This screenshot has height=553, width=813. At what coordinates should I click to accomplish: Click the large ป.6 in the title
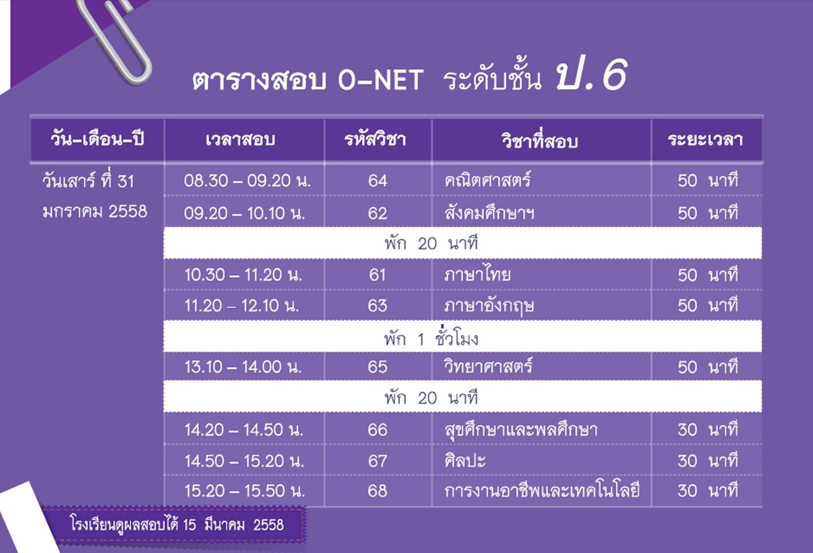(591, 75)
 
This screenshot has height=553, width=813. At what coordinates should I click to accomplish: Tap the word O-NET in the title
(381, 81)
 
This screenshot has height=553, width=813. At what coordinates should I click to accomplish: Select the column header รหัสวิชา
(375, 140)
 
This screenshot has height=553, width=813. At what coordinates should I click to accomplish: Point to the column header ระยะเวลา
(705, 140)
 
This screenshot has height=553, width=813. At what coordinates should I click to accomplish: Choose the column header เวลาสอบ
(240, 140)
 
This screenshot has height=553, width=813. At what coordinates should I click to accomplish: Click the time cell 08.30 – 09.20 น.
(247, 181)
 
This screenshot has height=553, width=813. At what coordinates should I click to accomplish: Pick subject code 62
(377, 214)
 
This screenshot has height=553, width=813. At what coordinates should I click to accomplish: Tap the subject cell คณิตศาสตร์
(487, 180)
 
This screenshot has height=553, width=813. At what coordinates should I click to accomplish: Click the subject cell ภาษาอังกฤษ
(489, 305)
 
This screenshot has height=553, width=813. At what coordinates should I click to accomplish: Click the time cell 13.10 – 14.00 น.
(243, 367)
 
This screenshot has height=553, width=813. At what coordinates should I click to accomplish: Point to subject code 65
(377, 367)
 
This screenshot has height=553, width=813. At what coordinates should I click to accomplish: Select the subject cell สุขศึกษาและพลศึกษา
(521, 430)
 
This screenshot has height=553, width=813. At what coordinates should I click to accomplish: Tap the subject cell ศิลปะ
(465, 461)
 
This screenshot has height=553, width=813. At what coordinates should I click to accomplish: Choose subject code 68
(377, 491)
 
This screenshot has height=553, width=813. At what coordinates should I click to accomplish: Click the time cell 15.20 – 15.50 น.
(245, 491)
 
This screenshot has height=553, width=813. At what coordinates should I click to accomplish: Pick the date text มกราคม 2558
(95, 212)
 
